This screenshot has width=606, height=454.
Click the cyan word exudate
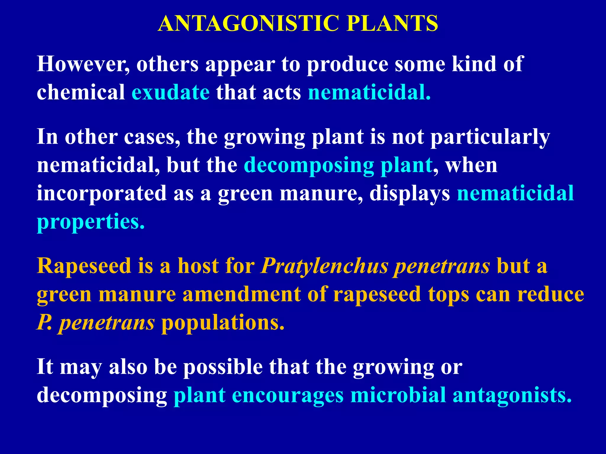(x=171, y=92)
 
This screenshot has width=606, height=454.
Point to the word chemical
(x=81, y=92)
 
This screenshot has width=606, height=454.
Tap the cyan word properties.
(x=90, y=222)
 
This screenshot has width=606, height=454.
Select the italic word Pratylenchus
(x=324, y=266)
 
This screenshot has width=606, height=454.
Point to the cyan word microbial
(x=398, y=395)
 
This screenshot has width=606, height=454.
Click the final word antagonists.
(x=512, y=395)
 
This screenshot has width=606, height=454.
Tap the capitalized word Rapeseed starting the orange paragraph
(x=84, y=266)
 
